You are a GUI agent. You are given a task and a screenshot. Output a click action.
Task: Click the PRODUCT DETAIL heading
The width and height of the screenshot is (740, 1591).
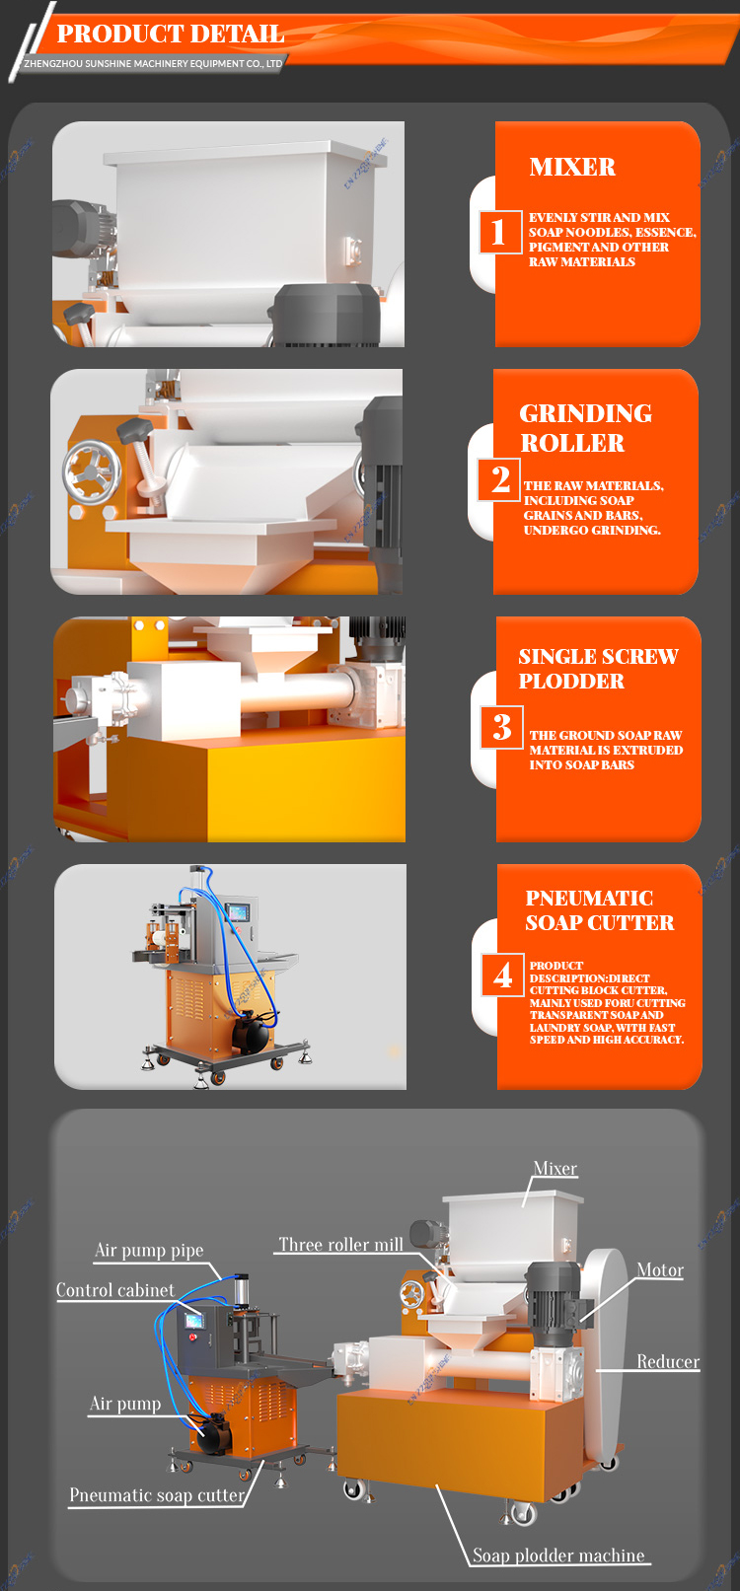[171, 34]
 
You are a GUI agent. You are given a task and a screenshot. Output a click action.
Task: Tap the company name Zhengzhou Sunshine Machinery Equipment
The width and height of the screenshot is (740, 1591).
[153, 64]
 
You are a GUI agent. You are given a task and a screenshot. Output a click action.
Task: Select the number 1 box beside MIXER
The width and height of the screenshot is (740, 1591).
[498, 232]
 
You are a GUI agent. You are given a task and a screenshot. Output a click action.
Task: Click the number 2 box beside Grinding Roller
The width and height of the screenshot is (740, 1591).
[500, 479]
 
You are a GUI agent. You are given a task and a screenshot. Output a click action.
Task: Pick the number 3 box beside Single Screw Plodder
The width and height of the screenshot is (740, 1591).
[502, 727]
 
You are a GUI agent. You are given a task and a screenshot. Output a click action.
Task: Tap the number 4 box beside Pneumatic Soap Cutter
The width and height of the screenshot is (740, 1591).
[503, 975]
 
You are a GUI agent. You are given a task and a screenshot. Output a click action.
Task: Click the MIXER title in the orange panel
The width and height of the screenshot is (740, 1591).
[572, 167]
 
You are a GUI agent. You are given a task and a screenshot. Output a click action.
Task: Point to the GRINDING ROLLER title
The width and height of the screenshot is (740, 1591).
[586, 427]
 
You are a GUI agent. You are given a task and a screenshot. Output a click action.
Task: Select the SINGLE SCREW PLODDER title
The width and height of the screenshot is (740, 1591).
[598, 669]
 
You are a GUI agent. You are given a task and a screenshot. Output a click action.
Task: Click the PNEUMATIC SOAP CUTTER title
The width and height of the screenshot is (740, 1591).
[599, 909]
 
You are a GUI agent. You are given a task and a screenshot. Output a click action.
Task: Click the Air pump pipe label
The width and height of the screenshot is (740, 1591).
[149, 1251]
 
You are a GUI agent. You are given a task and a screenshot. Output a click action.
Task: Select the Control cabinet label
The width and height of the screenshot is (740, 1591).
[115, 1290]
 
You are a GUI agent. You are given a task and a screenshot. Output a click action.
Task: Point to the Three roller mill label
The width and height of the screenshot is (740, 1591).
[340, 1245]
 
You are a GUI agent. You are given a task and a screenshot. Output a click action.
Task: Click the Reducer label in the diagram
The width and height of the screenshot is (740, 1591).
[668, 1361]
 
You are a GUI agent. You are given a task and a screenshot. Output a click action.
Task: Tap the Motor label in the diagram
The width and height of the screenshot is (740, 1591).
[660, 1270]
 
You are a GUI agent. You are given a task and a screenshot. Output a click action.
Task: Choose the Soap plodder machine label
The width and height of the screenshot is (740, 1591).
[558, 1555]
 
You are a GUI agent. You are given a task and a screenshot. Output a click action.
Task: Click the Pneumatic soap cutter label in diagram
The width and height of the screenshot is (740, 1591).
[157, 1495]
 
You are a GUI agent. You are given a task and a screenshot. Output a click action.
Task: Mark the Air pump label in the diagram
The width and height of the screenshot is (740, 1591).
[125, 1404]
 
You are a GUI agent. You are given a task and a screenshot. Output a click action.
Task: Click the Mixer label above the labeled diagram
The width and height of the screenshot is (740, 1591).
[555, 1169]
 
